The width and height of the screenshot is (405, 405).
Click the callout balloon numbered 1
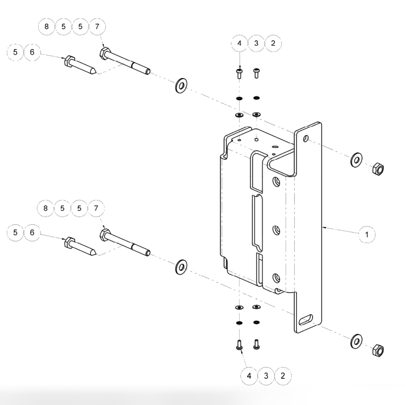tap(367, 235)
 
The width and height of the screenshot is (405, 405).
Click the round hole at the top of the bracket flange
tap(305, 138)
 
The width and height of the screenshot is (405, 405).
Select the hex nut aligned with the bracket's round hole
tap(378, 168)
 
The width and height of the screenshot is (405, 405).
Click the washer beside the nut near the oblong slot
tap(356, 341)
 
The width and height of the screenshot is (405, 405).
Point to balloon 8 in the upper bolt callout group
tap(46, 27)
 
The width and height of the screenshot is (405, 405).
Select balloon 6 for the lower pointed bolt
tap(32, 233)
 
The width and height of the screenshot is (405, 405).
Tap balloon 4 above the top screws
tap(239, 43)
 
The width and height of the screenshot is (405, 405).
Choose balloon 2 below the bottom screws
tap(283, 376)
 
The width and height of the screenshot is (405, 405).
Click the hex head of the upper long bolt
tap(104, 53)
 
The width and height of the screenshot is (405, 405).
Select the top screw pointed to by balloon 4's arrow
tap(239, 73)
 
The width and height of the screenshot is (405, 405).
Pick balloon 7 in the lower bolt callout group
tap(96, 208)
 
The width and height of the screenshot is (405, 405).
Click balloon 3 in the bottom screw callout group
tap(266, 376)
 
